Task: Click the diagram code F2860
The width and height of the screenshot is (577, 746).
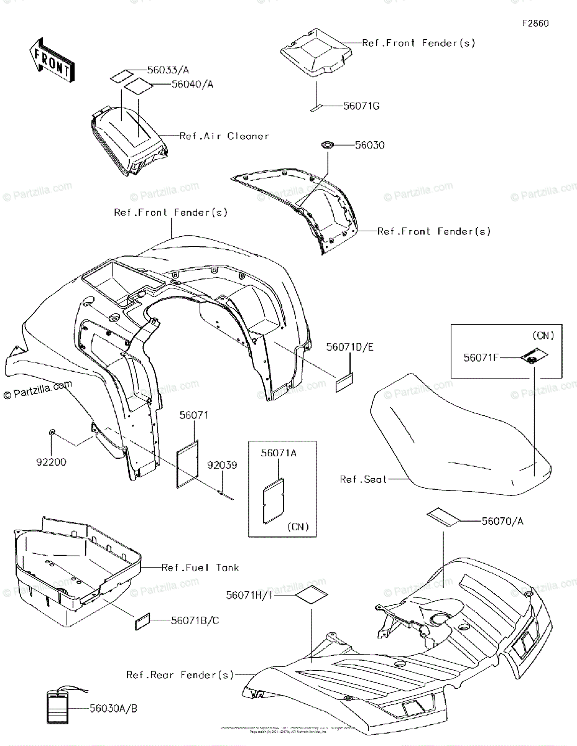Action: pos(535,24)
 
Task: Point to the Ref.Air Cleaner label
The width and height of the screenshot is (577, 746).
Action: pos(224,136)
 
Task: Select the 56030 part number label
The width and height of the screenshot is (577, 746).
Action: pos(369,145)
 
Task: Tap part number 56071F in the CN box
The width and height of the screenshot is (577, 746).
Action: pos(481,357)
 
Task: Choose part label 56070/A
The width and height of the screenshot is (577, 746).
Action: pos(502,521)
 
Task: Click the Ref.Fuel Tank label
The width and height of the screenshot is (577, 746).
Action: pos(200,567)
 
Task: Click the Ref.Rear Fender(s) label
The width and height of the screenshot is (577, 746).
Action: pos(180,675)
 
